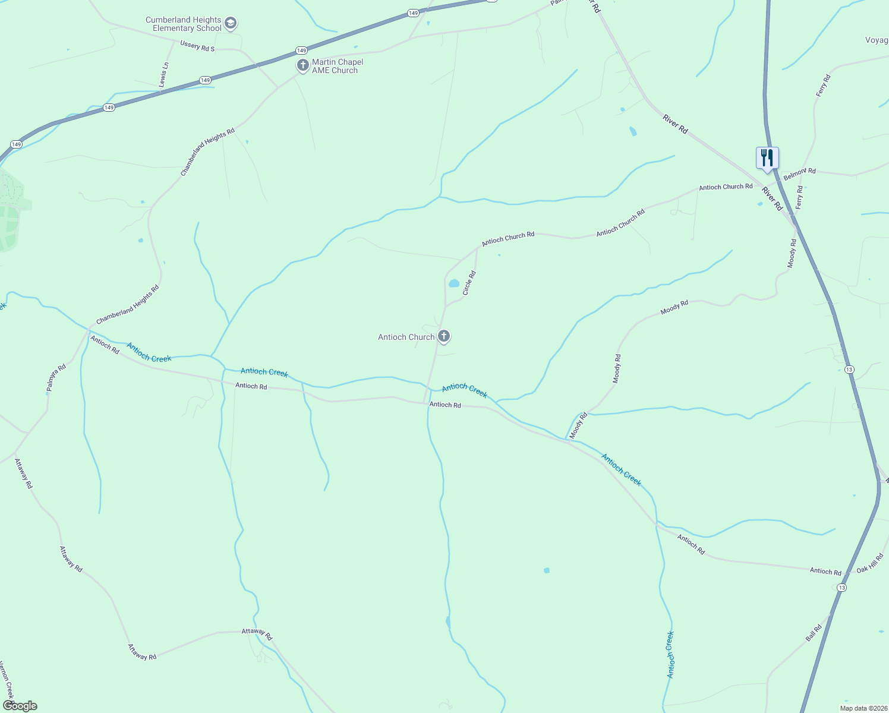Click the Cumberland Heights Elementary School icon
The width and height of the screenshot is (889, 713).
tap(231, 24)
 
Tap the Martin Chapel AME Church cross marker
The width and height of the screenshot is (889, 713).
tap(303, 65)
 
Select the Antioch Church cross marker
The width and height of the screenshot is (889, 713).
tap(443, 336)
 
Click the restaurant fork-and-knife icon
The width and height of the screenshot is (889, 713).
tap(767, 158)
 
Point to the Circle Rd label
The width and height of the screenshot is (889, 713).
tap(469, 283)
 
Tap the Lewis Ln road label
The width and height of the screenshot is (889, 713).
tap(165, 74)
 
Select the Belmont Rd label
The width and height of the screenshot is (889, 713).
tap(799, 173)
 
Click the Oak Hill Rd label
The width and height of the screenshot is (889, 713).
tap(870, 563)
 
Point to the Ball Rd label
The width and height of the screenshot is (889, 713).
tap(814, 632)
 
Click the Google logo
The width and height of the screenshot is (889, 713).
tap(20, 706)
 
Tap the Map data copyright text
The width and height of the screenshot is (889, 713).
tap(863, 708)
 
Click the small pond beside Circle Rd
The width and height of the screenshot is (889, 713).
tap(454, 283)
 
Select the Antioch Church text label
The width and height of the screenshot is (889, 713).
tap(406, 337)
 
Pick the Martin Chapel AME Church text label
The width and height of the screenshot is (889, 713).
tap(338, 66)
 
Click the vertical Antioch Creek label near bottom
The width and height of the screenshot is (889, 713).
tap(670, 654)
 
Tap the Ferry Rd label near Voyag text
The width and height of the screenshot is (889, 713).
tap(822, 86)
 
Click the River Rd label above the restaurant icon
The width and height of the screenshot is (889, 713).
tap(675, 124)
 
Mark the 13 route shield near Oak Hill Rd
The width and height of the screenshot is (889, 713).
tap(841, 588)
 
